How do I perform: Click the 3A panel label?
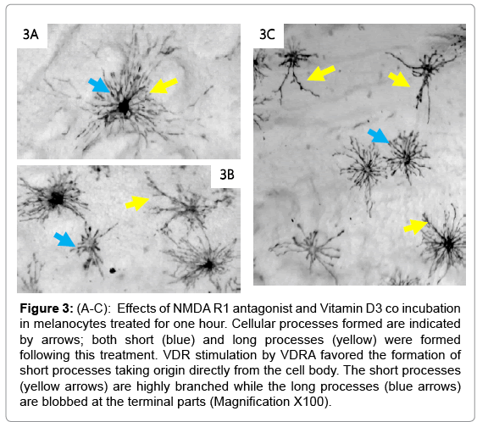31,34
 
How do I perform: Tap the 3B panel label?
227,175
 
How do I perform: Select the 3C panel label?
267,34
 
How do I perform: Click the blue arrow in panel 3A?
99,85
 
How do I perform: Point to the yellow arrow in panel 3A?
164,86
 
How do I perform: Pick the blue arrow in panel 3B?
64,240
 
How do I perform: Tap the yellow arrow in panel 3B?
137,203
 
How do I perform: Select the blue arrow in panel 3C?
378,136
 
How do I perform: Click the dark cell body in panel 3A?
124,107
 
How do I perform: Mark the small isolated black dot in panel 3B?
113,270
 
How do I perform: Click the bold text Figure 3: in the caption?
47,308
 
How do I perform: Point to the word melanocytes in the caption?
70,324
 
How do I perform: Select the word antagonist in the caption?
263,308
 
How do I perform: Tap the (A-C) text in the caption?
94,308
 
